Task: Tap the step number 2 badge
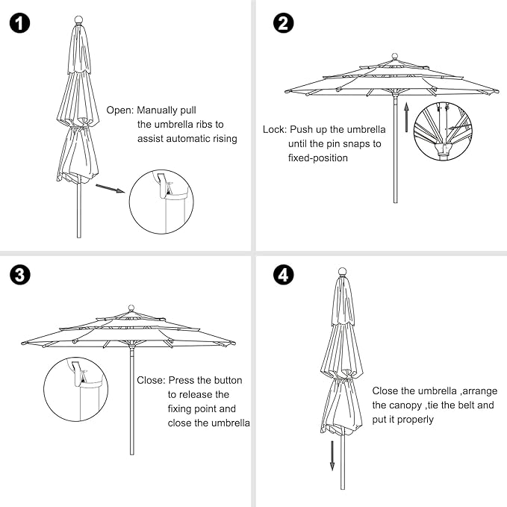283,23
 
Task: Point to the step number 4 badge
283,275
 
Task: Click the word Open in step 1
119,109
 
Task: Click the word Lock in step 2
274,129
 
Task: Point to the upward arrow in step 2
406,116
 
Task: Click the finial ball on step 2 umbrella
394,56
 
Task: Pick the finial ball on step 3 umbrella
132,307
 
